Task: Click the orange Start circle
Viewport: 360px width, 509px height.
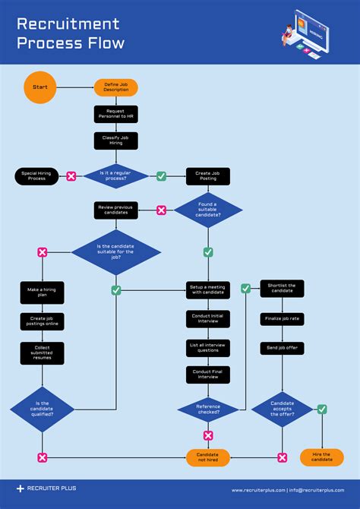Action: click(39, 87)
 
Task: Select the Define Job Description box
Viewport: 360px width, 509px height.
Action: click(116, 87)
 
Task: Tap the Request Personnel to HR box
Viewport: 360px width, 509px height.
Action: click(116, 114)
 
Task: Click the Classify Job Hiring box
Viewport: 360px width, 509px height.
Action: click(116, 141)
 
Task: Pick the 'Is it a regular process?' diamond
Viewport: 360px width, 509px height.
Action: click(116, 176)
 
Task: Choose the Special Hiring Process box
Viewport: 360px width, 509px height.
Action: click(36, 176)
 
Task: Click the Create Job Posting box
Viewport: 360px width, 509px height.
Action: click(208, 176)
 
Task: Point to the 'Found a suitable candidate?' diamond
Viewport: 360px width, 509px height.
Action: click(208, 210)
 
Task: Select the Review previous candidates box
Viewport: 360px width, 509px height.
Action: click(116, 210)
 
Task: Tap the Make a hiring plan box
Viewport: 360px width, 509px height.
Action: click(42, 292)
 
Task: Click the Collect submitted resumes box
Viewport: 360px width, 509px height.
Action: click(42, 351)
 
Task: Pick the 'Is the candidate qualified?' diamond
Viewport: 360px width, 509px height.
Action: click(42, 410)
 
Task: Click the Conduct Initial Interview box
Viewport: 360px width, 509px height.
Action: click(208, 319)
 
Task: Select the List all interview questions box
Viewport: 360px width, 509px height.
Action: click(208, 347)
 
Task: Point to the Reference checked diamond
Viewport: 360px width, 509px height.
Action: click(208, 410)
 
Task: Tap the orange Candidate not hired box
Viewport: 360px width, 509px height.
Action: click(208, 457)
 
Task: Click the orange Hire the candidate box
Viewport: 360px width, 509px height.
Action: click(322, 457)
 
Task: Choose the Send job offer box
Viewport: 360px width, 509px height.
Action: click(282, 346)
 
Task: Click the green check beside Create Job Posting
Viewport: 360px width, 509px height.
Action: click(161, 176)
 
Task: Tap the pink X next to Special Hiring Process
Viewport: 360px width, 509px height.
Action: click(71, 176)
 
